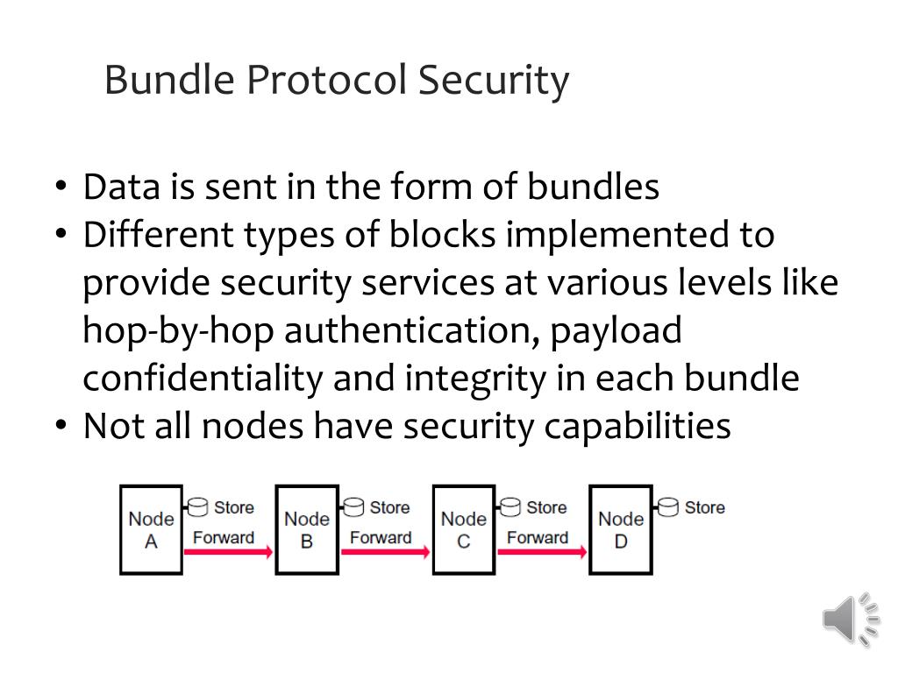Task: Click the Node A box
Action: (151, 529)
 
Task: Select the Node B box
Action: (307, 529)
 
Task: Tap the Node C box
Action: (463, 529)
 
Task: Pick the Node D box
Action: (620, 529)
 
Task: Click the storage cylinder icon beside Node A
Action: (197, 507)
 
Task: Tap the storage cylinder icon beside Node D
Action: (668, 507)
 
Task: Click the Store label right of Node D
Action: (704, 507)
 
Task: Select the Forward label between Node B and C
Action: (381, 537)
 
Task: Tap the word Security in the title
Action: (493, 81)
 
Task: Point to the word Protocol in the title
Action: (326, 81)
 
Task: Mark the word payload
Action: (614, 331)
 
